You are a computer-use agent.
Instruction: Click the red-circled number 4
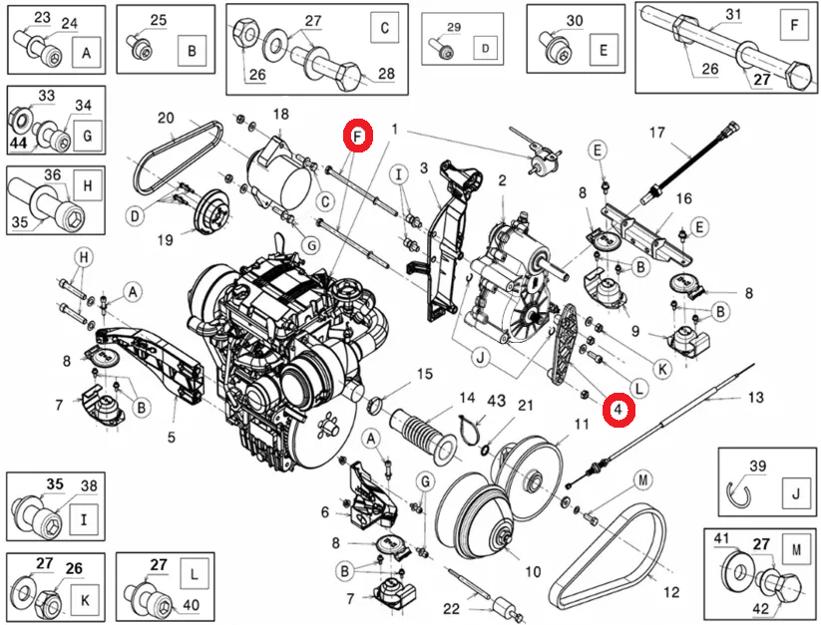click(618, 409)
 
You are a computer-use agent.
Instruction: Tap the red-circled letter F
click(358, 136)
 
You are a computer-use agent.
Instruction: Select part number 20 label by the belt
click(166, 118)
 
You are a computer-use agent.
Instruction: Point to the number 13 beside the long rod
click(755, 396)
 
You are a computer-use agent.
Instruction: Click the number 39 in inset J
click(757, 467)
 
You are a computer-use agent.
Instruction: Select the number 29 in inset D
click(455, 26)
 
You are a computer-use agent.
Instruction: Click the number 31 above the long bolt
click(733, 14)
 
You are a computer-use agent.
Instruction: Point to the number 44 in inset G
click(19, 143)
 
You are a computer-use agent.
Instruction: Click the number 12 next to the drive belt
click(671, 592)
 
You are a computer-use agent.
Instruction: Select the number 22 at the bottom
click(452, 609)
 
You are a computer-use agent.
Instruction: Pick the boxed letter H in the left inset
click(87, 185)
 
